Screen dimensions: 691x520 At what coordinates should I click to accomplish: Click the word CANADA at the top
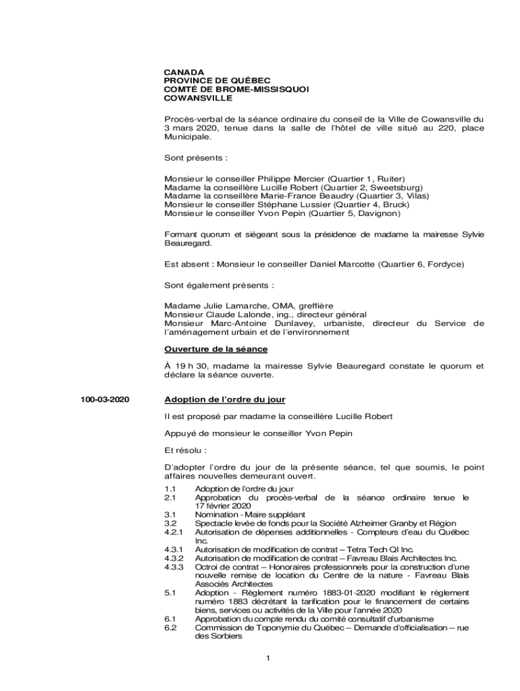point(184,72)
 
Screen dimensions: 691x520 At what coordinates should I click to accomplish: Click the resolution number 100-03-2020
point(105,399)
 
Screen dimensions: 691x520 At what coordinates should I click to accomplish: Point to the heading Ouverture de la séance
point(216,349)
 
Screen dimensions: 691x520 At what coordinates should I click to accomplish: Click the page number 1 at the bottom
point(268,659)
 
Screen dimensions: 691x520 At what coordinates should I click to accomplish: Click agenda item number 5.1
point(170,592)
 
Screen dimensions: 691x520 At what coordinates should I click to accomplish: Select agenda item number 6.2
point(170,628)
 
